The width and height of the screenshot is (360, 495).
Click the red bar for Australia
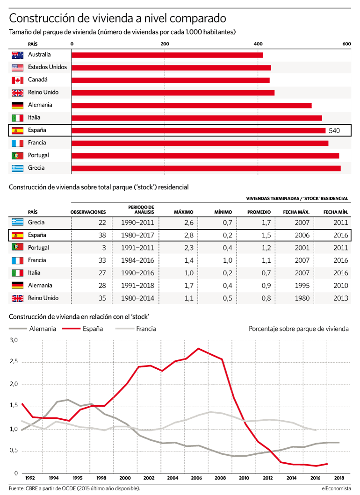coord(167,55)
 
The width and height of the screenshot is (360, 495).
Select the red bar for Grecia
coord(206,169)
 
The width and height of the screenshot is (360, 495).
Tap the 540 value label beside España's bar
coord(334,131)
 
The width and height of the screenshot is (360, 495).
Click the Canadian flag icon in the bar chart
coord(17,80)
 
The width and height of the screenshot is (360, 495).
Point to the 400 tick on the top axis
coord(258,44)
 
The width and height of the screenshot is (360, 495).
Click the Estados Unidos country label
coord(47,67)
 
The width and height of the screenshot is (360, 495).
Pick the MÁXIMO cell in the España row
coord(189,235)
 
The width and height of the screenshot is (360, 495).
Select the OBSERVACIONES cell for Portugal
coord(104,248)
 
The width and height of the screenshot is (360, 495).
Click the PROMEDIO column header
coord(259,212)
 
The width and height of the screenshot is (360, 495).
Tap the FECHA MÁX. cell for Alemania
coord(302,286)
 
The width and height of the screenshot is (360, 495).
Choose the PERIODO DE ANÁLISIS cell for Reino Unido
coord(137,298)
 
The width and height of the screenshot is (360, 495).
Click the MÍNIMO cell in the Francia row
coord(227,260)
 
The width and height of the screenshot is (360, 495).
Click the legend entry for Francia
coord(136,329)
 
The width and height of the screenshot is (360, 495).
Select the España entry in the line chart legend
coord(83,329)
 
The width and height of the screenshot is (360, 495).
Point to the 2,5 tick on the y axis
coord(14,361)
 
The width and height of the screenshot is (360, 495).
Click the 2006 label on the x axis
coord(196,478)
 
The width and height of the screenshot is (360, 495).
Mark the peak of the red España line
coord(198,349)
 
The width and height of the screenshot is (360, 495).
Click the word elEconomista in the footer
coord(336,488)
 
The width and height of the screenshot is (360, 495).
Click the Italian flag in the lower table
coord(17,273)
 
